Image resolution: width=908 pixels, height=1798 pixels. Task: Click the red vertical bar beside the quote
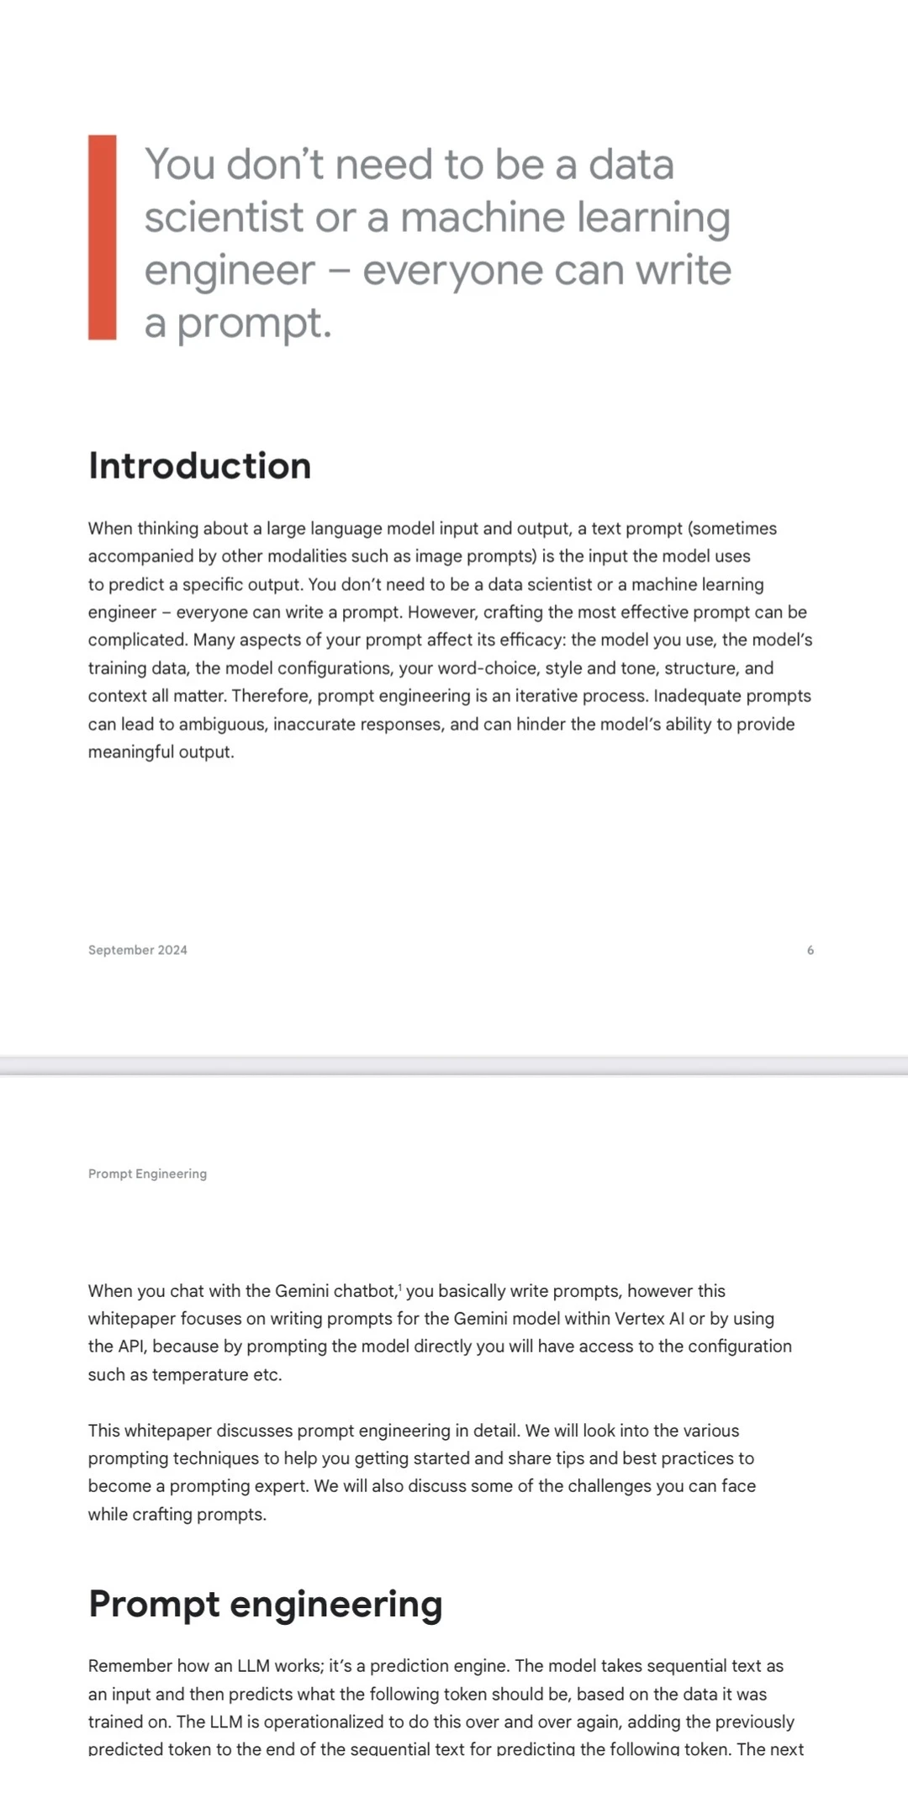pyautogui.click(x=102, y=237)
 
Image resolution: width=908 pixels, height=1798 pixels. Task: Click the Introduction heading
pyautogui.click(x=199, y=466)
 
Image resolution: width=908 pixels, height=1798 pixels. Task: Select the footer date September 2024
pyautogui.click(x=138, y=950)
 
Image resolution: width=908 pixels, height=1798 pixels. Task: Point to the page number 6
pyautogui.click(x=810, y=950)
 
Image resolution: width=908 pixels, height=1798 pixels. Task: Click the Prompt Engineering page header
pyautogui.click(x=147, y=1173)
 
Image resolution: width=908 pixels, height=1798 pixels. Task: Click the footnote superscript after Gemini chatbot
pyautogui.click(x=400, y=1287)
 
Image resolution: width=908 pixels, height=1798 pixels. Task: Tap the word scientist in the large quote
pyautogui.click(x=223, y=217)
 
